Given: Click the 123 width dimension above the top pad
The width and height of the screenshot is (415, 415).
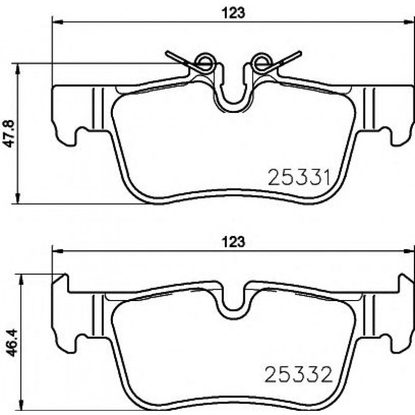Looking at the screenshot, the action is pyautogui.click(x=234, y=13).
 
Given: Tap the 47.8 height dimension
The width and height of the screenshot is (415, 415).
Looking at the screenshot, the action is pyautogui.click(x=8, y=134).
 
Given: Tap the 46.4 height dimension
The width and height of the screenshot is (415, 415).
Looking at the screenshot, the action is pyautogui.click(x=11, y=343).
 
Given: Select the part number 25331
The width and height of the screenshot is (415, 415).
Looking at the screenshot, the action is pyautogui.click(x=300, y=177).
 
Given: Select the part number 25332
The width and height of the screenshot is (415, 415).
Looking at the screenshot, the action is pyautogui.click(x=298, y=374).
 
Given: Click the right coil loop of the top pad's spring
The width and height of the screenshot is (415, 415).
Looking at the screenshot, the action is pyautogui.click(x=261, y=62).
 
